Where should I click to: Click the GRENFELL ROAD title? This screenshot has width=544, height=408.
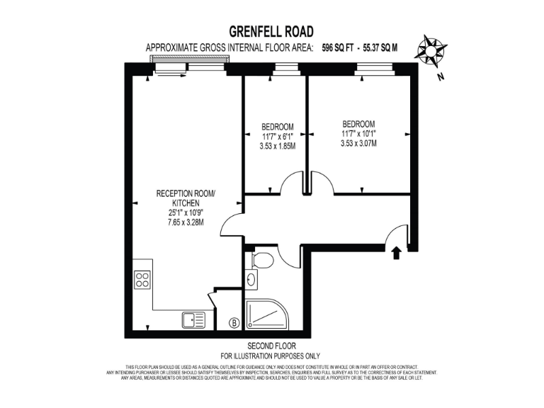(271, 31)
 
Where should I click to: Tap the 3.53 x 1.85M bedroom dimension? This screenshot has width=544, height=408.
(277, 147)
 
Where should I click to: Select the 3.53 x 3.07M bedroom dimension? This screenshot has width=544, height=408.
(358, 142)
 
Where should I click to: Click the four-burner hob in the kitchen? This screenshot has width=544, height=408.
(142, 280)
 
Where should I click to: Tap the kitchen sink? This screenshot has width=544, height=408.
(193, 320)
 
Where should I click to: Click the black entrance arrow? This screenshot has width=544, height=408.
(396, 251)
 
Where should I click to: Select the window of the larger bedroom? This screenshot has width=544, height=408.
(366, 69)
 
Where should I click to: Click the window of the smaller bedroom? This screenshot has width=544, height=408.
(284, 69)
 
